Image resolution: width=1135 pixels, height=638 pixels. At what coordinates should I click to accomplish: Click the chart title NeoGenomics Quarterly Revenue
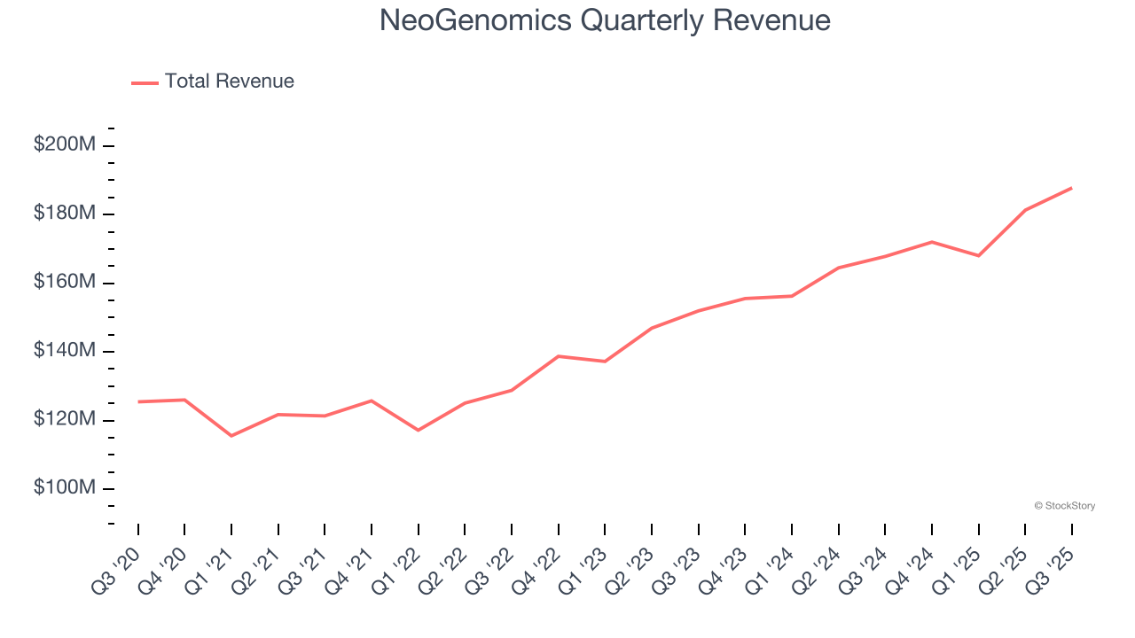pos(605,20)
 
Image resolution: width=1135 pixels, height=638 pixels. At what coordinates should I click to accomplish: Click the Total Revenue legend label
pos(229,82)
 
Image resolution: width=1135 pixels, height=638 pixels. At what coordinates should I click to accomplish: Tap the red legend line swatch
pos(145,82)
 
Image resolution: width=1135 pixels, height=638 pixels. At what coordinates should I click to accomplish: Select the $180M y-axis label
pos(64,214)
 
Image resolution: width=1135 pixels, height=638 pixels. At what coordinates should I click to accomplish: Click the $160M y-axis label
pos(64,282)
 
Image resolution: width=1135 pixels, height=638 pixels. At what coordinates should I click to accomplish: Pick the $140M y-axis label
pos(64,351)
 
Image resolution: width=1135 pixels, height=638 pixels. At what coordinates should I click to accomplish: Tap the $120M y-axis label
pos(64,419)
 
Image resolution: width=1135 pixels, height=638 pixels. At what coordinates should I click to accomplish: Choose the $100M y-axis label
pos(64,488)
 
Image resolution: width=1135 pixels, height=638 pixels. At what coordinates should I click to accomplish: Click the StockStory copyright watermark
pos(1064,506)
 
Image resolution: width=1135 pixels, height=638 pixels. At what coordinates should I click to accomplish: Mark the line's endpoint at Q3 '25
pos(1071,188)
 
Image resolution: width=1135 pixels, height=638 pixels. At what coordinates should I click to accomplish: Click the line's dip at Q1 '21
pos(231,436)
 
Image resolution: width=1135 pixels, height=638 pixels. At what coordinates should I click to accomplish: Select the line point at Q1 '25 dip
pos(978,256)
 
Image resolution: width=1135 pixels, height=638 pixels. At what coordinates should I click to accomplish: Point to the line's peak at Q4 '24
pos(932,242)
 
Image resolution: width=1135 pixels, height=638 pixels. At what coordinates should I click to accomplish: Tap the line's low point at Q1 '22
pos(418,431)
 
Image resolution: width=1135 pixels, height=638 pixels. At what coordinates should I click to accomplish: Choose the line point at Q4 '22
pos(559,356)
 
